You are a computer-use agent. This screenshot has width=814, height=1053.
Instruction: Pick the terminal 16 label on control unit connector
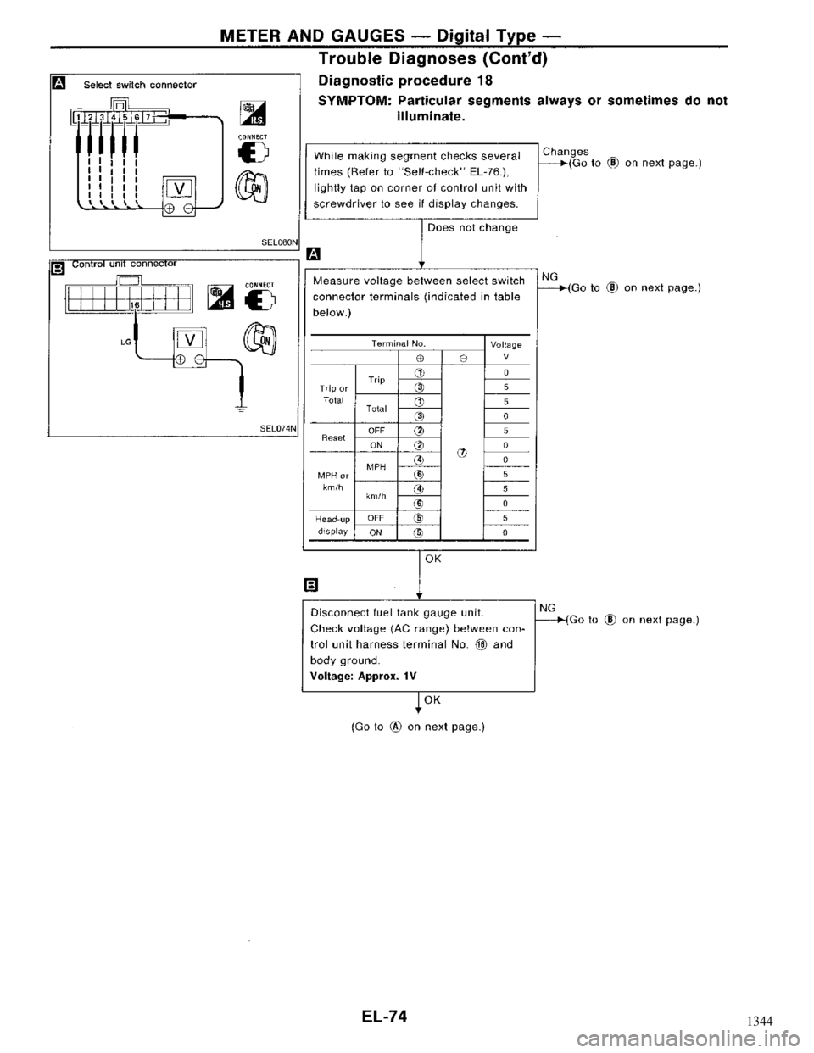(x=134, y=304)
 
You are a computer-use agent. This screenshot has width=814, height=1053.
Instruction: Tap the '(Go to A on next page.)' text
(x=418, y=727)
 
